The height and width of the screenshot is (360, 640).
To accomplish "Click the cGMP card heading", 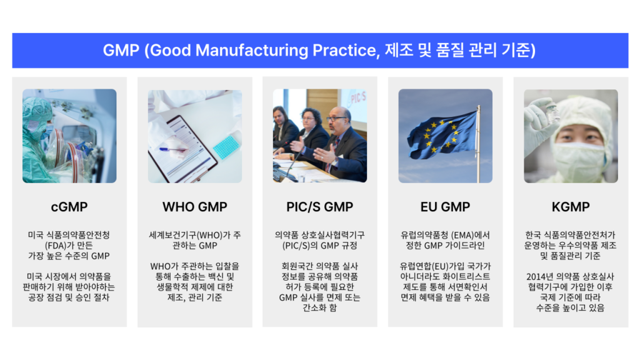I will click(x=69, y=206).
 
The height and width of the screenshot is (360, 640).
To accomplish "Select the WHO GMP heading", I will click(x=194, y=206).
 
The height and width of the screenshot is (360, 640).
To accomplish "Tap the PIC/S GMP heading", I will click(x=320, y=206).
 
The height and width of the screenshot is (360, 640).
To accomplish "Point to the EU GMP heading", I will click(x=445, y=206).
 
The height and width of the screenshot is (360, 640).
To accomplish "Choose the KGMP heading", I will click(x=571, y=206).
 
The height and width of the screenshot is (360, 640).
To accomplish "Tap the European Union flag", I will click(x=441, y=133).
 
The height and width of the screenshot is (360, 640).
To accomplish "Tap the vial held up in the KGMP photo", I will click(x=552, y=112).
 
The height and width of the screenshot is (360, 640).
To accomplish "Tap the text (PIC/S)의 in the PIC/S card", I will click(x=299, y=245).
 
